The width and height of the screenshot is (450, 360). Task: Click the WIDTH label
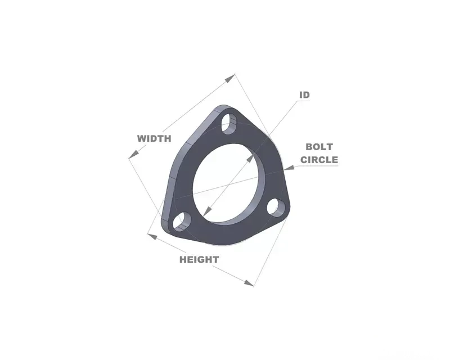tap(154, 139)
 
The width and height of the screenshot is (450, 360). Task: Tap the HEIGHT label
tap(199, 260)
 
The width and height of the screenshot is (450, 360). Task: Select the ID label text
tap(304, 94)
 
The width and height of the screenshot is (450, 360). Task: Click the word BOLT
tap(319, 147)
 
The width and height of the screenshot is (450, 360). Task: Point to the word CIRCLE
tap(319, 160)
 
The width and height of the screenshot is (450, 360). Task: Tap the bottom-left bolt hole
tap(182, 222)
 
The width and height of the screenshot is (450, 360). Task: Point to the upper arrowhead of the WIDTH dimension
tap(230, 78)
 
